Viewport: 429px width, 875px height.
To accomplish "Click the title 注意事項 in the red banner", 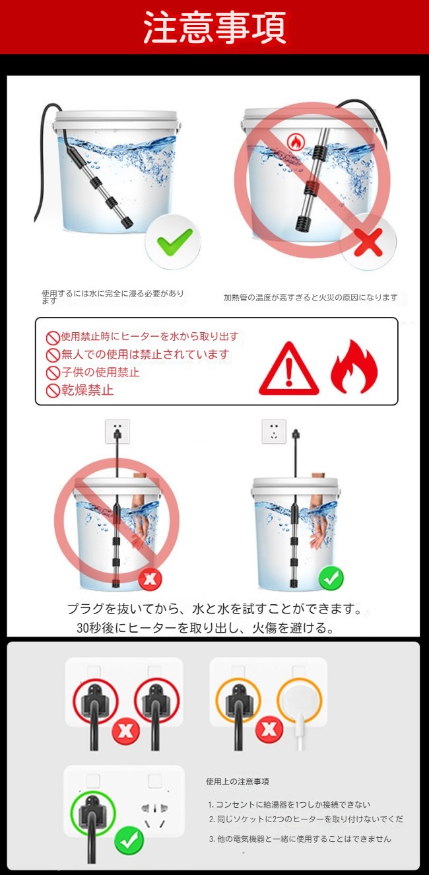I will click(x=214, y=27).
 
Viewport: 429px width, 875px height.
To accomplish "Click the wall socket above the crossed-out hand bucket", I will click(x=117, y=431).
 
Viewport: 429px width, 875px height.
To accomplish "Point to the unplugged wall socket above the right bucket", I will click(x=274, y=431).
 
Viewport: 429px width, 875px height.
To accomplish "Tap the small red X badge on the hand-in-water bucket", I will click(x=150, y=579).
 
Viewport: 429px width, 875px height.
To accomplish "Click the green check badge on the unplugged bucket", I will click(x=330, y=578).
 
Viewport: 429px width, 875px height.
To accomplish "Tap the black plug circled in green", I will click(x=91, y=815).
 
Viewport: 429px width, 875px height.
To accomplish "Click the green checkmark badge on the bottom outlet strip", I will click(x=129, y=840).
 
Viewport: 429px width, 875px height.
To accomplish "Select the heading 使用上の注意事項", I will click(x=238, y=781).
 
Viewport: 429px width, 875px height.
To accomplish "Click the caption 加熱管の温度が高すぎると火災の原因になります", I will click(x=311, y=297).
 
